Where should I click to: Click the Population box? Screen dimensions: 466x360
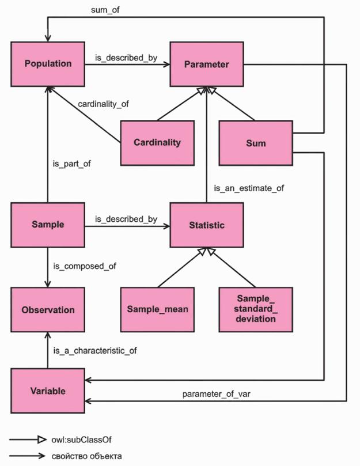pos(48,64)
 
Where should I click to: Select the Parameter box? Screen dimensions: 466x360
pos(206,64)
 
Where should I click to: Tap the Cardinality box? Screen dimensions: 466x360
pos(157,142)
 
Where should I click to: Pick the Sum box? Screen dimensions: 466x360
pos(255,142)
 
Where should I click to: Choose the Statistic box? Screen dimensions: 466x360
pos(206,225)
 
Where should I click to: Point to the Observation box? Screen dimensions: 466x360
pos(48,309)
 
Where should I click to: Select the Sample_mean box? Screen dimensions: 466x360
pos(157,309)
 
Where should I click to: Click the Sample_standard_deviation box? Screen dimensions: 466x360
pos(255,309)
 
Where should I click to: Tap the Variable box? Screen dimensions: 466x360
pos(48,391)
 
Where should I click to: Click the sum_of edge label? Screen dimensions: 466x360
pos(105,10)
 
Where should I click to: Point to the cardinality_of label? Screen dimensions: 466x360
pos(103,104)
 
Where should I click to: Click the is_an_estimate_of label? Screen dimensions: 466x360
pos(249,188)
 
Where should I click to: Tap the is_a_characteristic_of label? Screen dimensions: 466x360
pos(95,350)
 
